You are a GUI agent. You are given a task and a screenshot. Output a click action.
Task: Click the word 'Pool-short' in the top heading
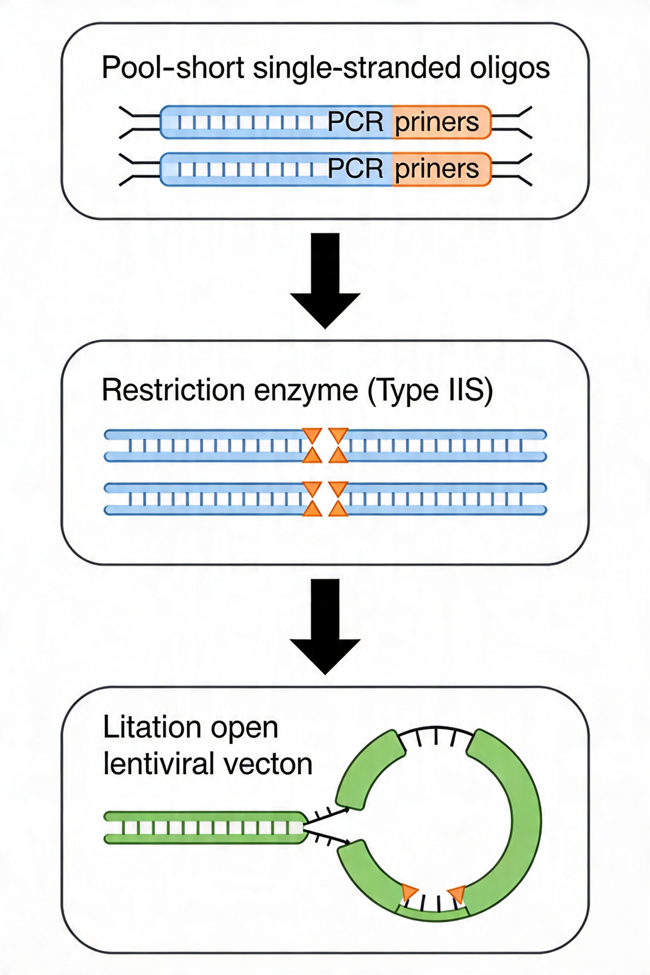[173, 68]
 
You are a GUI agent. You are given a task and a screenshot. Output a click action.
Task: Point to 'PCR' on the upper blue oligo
[355, 122]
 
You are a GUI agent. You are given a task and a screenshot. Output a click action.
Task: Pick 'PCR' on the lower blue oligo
[355, 169]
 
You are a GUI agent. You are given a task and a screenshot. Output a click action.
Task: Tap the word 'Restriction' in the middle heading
[173, 390]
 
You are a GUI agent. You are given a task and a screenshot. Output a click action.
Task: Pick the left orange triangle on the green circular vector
[409, 891]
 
